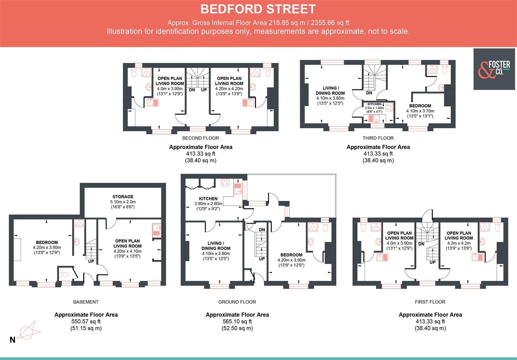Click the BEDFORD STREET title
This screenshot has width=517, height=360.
(258, 9)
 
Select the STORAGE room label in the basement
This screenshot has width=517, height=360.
(123, 197)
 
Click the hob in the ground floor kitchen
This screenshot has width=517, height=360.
(225, 183)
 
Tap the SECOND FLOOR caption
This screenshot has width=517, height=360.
(200, 138)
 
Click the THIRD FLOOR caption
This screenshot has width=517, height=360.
(378, 138)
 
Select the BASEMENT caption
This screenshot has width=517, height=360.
(86, 302)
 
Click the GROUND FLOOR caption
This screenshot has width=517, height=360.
(237, 302)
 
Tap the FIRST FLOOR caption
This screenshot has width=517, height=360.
(430, 302)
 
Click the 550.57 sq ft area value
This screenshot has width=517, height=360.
(86, 322)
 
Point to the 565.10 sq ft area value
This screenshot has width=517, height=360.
(237, 322)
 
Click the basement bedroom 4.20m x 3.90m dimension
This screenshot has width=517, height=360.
(47, 248)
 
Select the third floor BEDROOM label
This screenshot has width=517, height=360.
(420, 106)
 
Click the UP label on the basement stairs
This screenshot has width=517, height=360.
(91, 261)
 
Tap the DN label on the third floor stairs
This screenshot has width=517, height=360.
(369, 93)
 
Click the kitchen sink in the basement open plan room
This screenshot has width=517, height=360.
(156, 230)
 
